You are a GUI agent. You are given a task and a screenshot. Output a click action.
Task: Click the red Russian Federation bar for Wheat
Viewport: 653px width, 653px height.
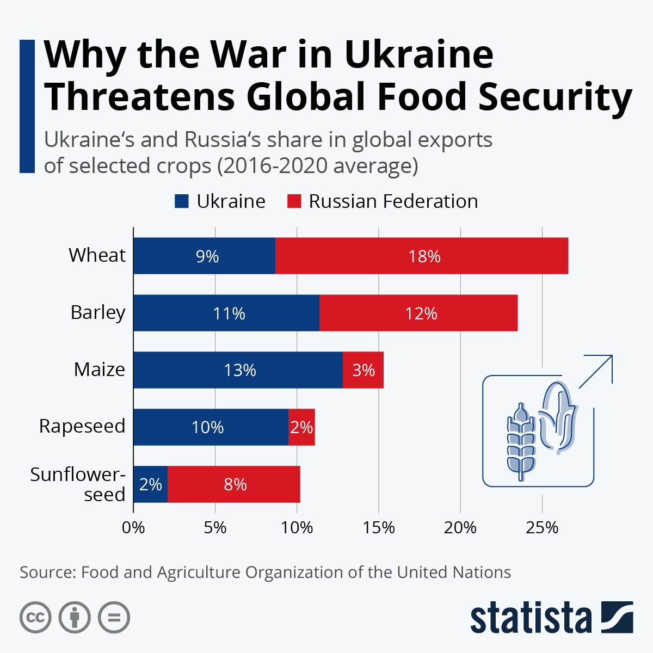coord(422,256)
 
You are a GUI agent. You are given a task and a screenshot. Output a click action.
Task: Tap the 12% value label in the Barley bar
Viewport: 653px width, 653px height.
coord(421,313)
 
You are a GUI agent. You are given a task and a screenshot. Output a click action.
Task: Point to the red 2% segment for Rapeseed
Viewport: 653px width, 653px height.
coord(301,427)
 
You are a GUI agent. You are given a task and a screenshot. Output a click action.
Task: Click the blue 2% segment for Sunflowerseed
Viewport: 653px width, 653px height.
coord(150,484)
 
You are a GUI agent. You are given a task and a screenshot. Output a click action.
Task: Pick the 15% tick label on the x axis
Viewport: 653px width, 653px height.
coord(379,527)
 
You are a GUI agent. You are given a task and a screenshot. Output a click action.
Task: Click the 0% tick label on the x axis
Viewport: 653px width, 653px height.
coord(133,527)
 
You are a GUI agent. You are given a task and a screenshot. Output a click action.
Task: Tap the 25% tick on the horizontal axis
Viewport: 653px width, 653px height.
coord(542,527)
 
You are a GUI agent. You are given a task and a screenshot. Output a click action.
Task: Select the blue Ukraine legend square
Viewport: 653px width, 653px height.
coord(181,201)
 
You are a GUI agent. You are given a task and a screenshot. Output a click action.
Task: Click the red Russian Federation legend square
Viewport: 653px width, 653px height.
coord(294,201)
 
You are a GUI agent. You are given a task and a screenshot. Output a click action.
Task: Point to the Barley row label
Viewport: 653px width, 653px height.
coord(98,312)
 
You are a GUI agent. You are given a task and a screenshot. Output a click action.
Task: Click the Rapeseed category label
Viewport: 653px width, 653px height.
coord(82,426)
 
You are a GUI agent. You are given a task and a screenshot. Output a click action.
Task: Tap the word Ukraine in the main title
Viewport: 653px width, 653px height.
coord(419,54)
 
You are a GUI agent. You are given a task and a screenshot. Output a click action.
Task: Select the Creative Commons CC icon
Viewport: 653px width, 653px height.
coord(35,618)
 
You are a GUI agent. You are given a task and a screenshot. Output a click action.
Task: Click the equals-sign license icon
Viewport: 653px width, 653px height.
coord(114,618)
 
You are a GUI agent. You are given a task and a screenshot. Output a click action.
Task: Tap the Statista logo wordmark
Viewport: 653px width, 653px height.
coord(531,618)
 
